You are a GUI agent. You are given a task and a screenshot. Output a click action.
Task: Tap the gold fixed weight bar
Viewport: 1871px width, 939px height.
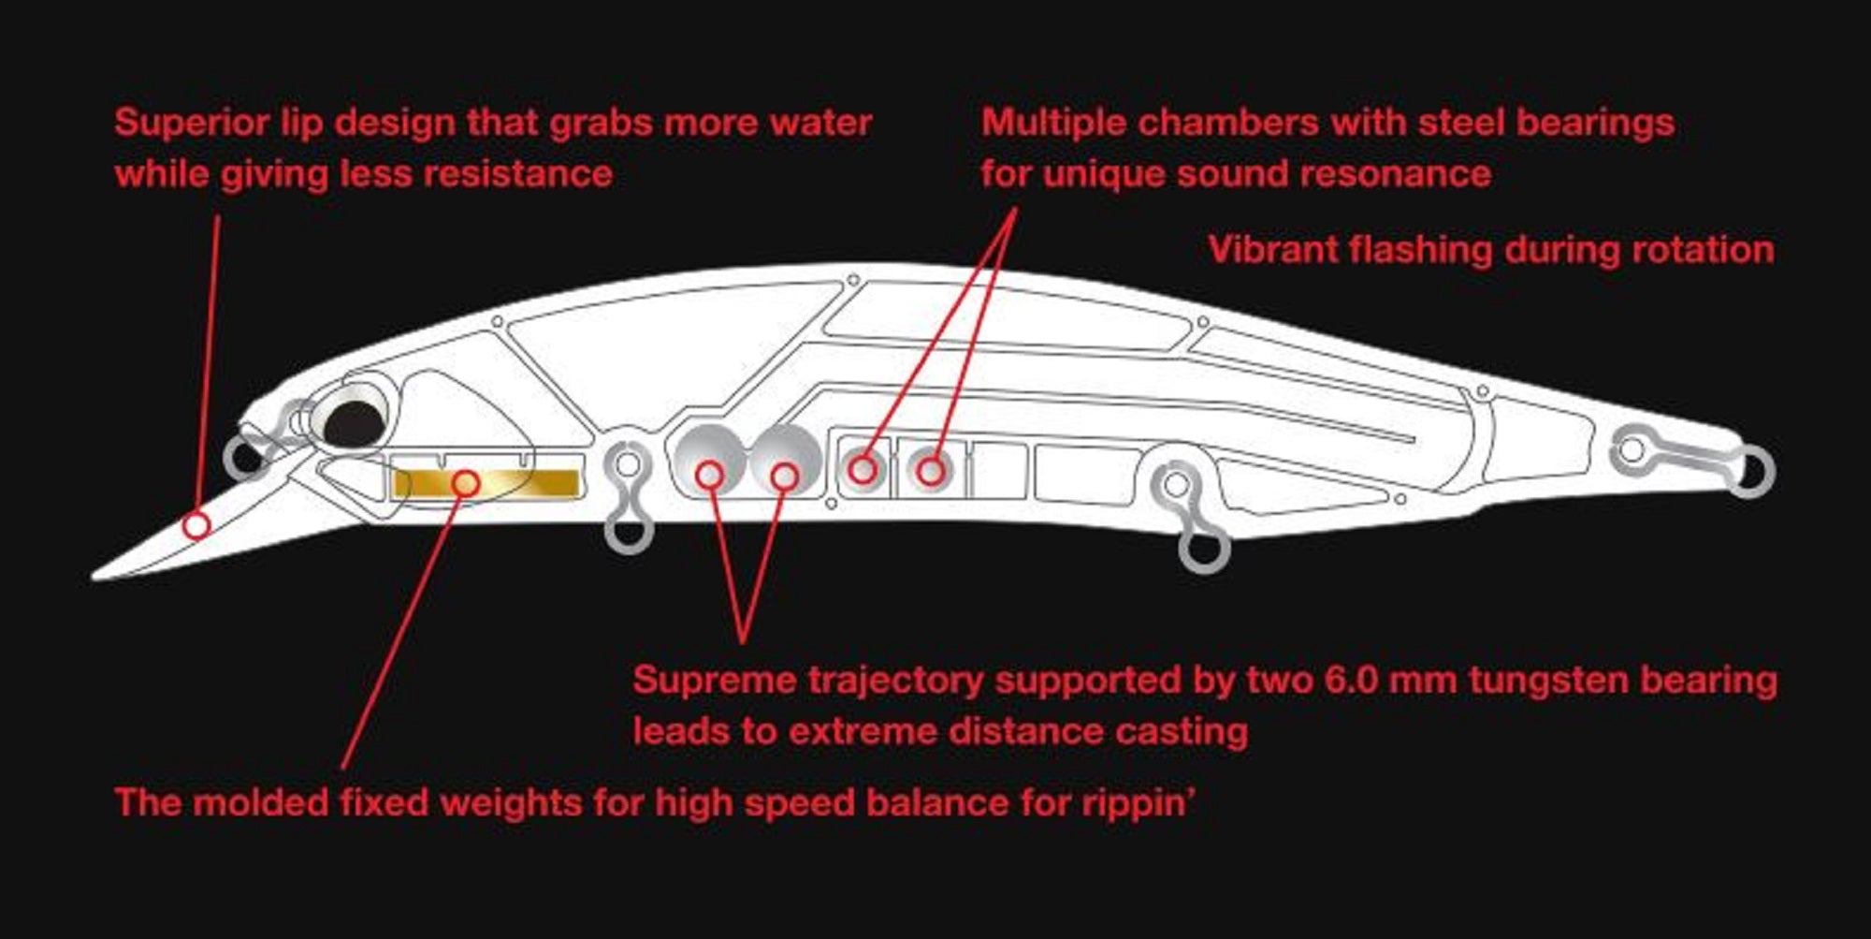pyautogui.click(x=486, y=483)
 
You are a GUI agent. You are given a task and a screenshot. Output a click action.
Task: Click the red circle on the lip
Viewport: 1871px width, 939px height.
pyautogui.click(x=196, y=525)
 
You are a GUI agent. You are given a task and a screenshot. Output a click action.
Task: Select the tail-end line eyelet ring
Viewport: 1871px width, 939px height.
pyautogui.click(x=1750, y=471)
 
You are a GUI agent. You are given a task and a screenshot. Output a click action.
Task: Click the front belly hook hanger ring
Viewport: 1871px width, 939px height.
pyautogui.click(x=629, y=534)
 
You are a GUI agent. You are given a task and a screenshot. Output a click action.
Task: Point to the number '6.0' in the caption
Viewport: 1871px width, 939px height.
pyautogui.click(x=1352, y=680)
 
